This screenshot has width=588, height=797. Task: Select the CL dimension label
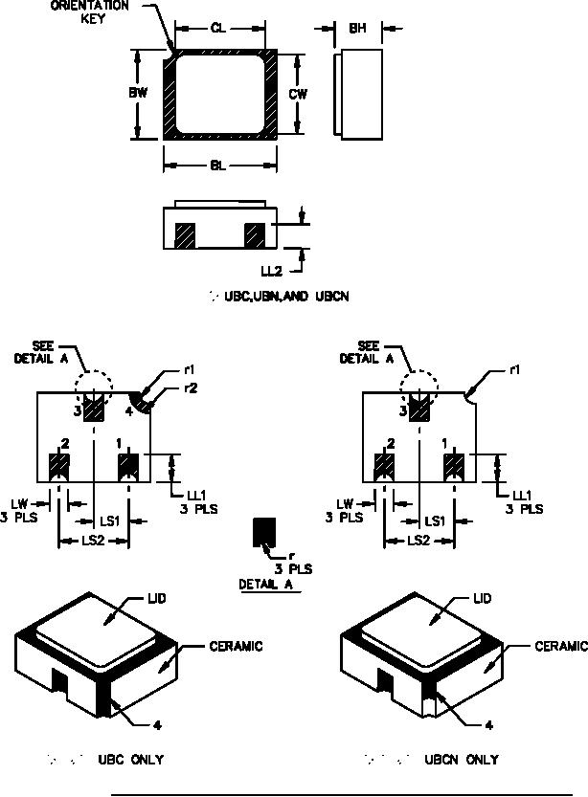[218, 29]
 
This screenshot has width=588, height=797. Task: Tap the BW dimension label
[137, 94]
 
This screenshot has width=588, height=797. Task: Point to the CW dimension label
[298, 94]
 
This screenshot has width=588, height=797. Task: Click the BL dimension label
[218, 166]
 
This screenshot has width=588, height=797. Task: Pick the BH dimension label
[357, 29]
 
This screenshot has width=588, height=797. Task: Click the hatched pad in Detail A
[262, 532]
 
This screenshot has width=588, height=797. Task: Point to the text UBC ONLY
[130, 760]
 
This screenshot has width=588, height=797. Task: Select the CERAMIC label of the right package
[561, 646]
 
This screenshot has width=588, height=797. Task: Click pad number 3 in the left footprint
[94, 410]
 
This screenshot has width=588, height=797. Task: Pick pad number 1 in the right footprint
[453, 467]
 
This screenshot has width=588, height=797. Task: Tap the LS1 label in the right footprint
[434, 521]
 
